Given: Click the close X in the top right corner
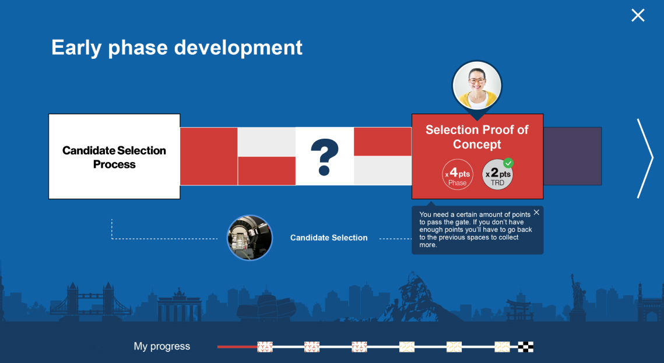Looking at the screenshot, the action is tap(638, 15).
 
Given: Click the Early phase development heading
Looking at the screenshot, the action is tap(177, 47).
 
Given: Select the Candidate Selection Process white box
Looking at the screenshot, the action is tap(114, 157).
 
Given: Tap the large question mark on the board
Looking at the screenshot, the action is tap(325, 157).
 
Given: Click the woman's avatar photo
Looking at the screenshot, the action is tap(477, 86).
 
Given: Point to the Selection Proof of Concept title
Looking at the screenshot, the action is tap(477, 137).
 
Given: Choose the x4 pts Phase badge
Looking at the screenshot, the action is tap(458, 175).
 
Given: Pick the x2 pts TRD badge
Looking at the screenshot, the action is tap(498, 175).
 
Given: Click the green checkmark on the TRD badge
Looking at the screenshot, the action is tap(508, 163).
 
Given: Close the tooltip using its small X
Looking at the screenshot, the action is tap(536, 213).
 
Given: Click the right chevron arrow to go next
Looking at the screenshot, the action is tap(645, 158).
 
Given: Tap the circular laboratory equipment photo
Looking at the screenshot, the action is tap(250, 237).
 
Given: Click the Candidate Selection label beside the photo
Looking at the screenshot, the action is tap(329, 238).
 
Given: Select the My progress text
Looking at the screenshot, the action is tap(161, 346).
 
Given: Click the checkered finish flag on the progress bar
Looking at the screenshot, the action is tap(525, 347).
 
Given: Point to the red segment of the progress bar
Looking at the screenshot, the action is tap(238, 347).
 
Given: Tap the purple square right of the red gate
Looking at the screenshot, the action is tap(572, 156).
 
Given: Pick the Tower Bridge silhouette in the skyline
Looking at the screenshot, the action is tap(90, 301).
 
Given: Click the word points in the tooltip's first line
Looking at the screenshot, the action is tap(519, 214).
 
